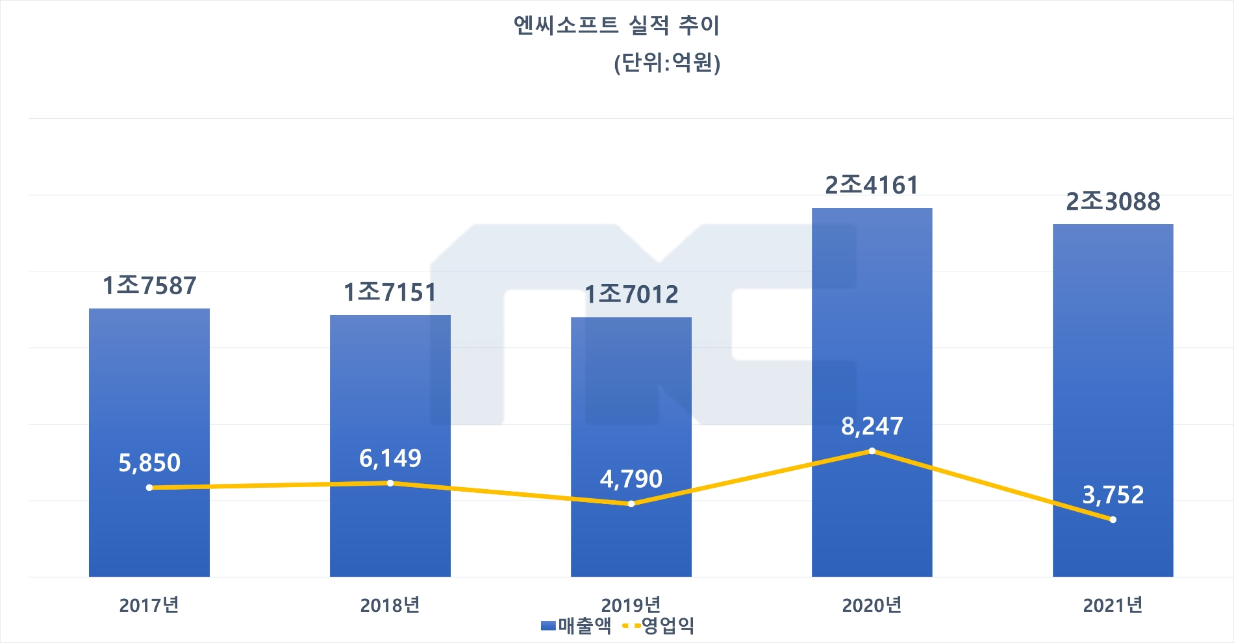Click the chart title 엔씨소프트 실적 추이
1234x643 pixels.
click(x=616, y=25)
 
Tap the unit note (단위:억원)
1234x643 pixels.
click(x=667, y=63)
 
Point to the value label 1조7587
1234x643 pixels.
click(x=149, y=286)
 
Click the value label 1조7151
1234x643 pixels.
click(x=390, y=292)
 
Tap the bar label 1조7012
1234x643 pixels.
click(x=631, y=294)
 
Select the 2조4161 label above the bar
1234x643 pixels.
click(x=872, y=185)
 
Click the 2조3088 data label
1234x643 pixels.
click(x=1113, y=201)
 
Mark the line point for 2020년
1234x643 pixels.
click(x=872, y=451)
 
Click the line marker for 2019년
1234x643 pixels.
click(x=631, y=503)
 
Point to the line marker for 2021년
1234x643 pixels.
click(x=1113, y=520)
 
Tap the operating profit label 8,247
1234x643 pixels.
click(x=872, y=426)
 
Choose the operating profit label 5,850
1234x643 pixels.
click(x=149, y=462)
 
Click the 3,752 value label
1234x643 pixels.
click(x=1113, y=495)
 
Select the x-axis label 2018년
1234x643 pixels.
click(x=390, y=605)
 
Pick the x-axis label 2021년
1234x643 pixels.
click(x=1113, y=605)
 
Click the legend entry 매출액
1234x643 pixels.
click(x=577, y=625)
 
